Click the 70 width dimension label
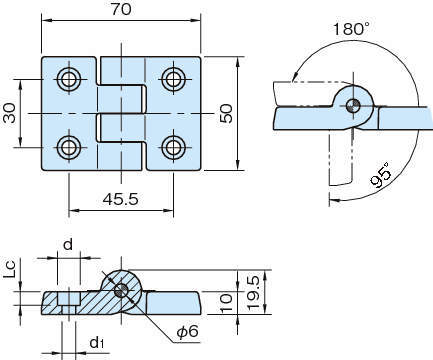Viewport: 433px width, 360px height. click(x=121, y=9)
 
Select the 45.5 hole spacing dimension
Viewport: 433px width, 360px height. click(x=120, y=199)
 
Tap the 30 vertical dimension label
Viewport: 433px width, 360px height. click(x=10, y=113)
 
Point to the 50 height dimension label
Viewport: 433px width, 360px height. click(x=227, y=114)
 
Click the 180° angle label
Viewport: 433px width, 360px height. click(x=351, y=29)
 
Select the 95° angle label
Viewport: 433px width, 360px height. click(x=381, y=175)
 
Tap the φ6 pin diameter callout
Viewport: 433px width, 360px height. click(x=188, y=331)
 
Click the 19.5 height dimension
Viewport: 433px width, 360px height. click(x=253, y=293)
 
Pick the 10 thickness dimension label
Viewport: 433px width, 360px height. click(x=227, y=303)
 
